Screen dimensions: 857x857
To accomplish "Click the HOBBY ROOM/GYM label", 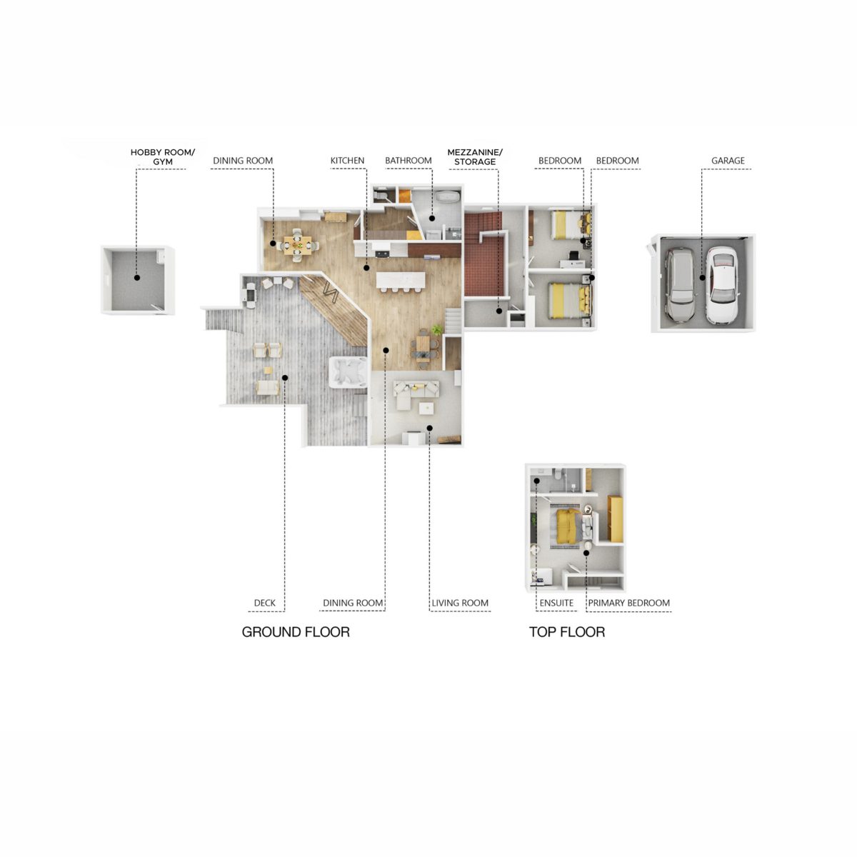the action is [x=162, y=157].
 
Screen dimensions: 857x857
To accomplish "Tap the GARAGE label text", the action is [x=728, y=161].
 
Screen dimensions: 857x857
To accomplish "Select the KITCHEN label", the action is [x=347, y=161].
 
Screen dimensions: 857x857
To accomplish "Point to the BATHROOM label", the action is [x=409, y=161].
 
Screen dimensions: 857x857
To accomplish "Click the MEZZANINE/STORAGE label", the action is [x=475, y=157].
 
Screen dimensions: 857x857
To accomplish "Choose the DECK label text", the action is [x=265, y=603].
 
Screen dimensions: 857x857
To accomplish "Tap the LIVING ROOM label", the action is [x=460, y=603].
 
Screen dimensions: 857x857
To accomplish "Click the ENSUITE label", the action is [x=556, y=603].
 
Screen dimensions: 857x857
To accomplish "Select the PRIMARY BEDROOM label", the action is [x=629, y=603].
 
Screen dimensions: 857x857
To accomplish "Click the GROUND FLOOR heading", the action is [x=296, y=632].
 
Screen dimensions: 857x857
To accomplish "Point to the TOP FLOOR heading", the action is [x=567, y=632].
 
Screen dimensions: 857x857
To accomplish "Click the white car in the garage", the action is [x=722, y=284].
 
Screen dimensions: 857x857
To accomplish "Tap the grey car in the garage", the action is [x=681, y=285].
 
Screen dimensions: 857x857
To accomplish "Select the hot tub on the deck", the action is [x=349, y=372].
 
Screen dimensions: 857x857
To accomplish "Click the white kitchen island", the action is [x=400, y=280].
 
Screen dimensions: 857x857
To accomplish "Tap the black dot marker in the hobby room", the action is [x=137, y=278].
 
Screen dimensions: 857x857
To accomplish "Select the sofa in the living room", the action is [x=416, y=392].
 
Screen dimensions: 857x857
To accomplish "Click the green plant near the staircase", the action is [x=438, y=329].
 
